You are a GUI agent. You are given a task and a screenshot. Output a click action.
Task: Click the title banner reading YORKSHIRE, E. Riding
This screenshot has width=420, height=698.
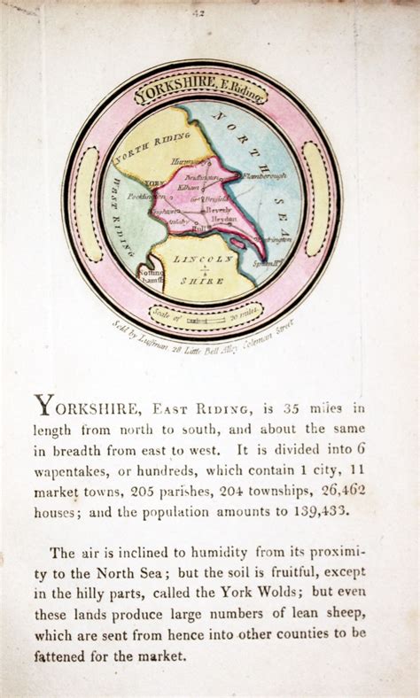tap(199, 91)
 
